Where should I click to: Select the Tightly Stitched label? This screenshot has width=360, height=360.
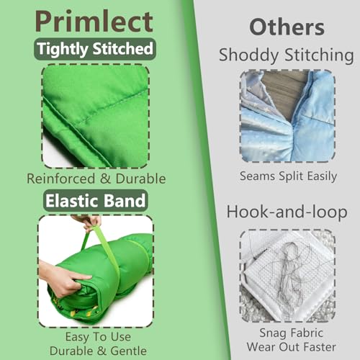coord(95,49)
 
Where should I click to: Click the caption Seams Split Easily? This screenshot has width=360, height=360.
coord(287,175)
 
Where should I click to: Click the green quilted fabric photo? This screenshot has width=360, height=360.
coord(95,115)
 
